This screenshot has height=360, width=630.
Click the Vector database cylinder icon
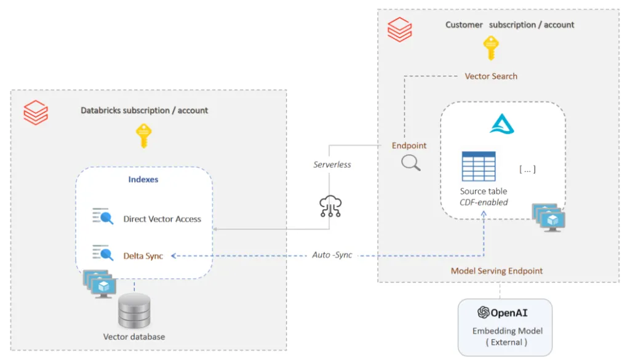pos(134,311)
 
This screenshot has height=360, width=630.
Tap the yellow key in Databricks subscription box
pos(144,135)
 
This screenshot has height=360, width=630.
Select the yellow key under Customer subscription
pos(490,48)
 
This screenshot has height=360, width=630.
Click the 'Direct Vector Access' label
pos(162,218)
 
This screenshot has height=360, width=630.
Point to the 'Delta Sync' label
pos(143,255)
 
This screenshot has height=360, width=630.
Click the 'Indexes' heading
pos(143,179)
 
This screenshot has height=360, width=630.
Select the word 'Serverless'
pos(332,165)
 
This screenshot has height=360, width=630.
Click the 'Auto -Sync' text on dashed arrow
pos(332,255)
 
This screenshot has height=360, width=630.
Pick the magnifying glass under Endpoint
pos(410,162)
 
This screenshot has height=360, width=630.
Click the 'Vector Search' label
pos(490,76)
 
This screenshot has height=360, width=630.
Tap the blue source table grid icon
pos(479,166)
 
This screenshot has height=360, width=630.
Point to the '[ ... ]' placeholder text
pos(527,169)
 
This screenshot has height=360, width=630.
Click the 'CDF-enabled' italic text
pos(484,202)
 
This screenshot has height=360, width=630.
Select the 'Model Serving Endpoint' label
pos(496,271)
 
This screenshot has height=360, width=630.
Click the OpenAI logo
pos(484,313)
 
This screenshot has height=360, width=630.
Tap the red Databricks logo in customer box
pos(400,30)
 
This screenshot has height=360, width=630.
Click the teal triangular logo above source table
pos(502,124)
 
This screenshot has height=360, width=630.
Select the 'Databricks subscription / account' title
pos(145,111)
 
